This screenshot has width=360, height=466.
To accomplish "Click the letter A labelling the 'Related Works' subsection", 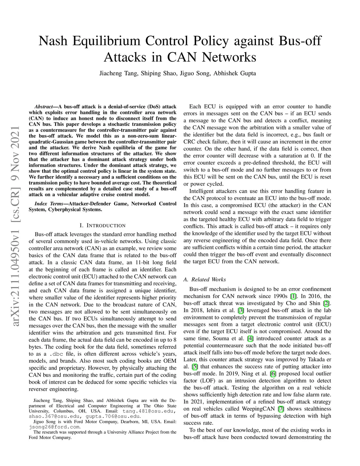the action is [x=185, y=280].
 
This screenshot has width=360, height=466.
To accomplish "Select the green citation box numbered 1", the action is [x=293, y=296].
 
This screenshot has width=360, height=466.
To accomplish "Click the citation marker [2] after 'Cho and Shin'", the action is [x=326, y=303].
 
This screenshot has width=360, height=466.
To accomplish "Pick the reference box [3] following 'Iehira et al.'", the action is [x=240, y=310].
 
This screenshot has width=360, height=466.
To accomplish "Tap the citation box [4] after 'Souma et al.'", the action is [x=250, y=338].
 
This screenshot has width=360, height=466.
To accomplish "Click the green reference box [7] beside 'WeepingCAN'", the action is [x=281, y=409].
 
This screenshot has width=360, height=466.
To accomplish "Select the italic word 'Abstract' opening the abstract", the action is [x=44, y=107].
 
